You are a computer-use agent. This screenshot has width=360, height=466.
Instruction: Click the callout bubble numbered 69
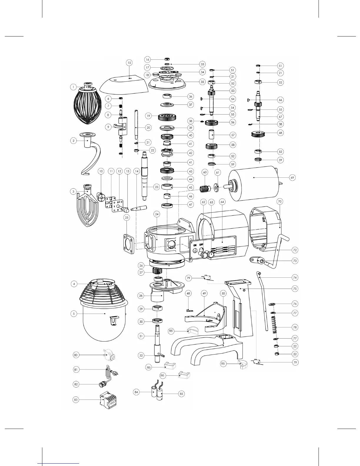tap(292, 178)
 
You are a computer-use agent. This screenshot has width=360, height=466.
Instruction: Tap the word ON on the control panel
tap(195, 245)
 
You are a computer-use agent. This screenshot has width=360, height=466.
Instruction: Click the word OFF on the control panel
tap(201, 244)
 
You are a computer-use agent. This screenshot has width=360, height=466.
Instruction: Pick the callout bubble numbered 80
tap(76, 355)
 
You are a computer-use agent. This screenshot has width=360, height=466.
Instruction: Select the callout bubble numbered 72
tap(295, 250)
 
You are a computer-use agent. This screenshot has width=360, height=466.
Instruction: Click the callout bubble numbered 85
tap(181, 393)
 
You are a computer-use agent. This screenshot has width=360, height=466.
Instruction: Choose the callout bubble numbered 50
tap(223, 293)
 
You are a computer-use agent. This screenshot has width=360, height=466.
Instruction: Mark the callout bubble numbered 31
tap(141, 336)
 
